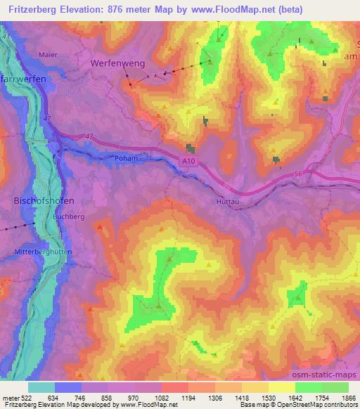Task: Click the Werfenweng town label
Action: tap(117, 63)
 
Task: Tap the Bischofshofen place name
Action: tap(44, 200)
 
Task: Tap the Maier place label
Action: tap(48, 53)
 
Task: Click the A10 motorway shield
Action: tap(184, 162)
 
